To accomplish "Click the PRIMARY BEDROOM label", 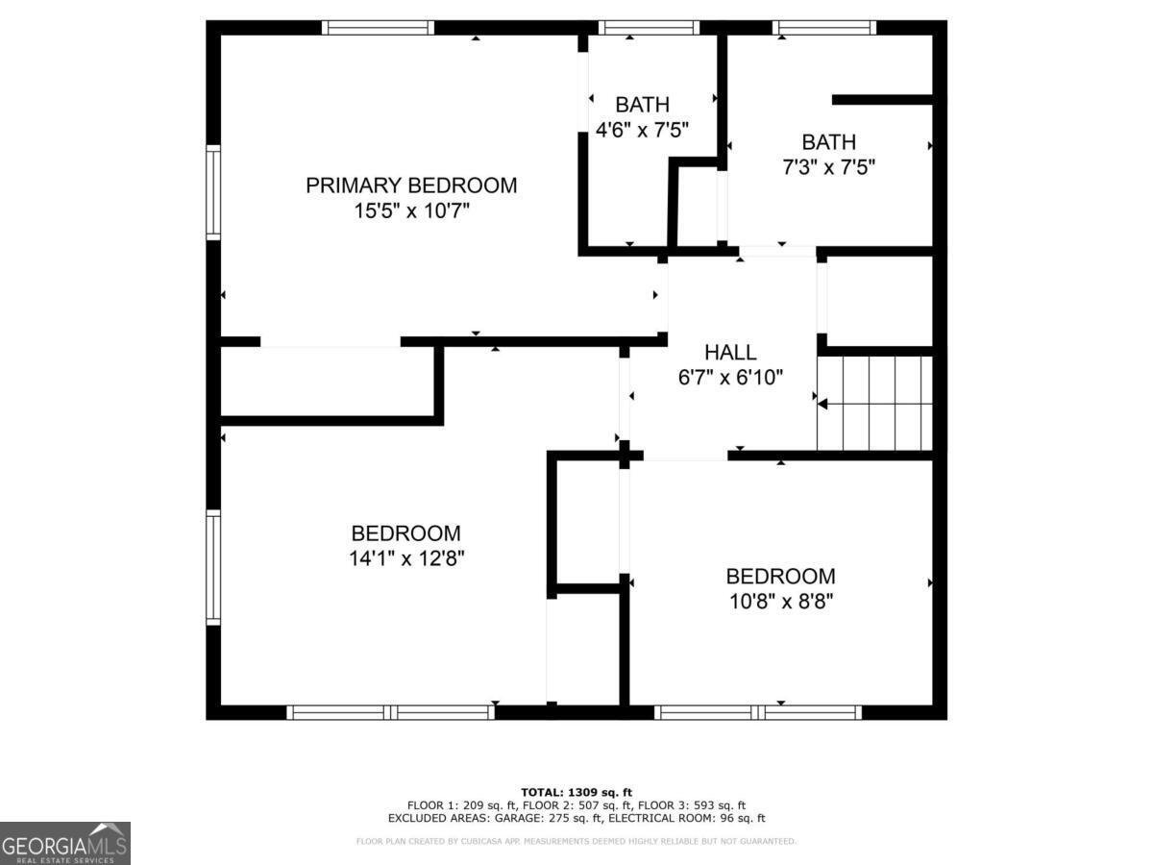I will pyautogui.click(x=411, y=185).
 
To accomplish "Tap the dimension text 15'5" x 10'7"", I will pyautogui.click(x=411, y=210).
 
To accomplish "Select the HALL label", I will pyautogui.click(x=730, y=353).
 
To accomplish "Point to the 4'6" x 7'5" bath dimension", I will pyautogui.click(x=643, y=130).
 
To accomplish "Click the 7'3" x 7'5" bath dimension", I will pyautogui.click(x=828, y=167).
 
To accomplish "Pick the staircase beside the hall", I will pyautogui.click(x=874, y=403).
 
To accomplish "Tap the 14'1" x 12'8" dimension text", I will pyautogui.click(x=405, y=558).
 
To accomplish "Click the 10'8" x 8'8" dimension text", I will pyautogui.click(x=780, y=602).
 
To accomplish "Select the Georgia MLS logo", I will pyautogui.click(x=65, y=843).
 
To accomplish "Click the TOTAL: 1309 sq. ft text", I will pyautogui.click(x=576, y=792).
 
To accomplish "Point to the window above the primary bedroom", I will pyautogui.click(x=378, y=27).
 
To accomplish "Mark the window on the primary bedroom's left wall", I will pyautogui.click(x=213, y=192).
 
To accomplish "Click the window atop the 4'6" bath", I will pyautogui.click(x=649, y=27).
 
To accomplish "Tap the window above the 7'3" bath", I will pyautogui.click(x=824, y=27).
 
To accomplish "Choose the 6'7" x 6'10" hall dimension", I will pyautogui.click(x=730, y=378).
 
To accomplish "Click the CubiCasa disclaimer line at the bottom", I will pyautogui.click(x=576, y=842).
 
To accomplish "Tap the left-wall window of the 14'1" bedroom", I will pyautogui.click(x=213, y=568).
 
